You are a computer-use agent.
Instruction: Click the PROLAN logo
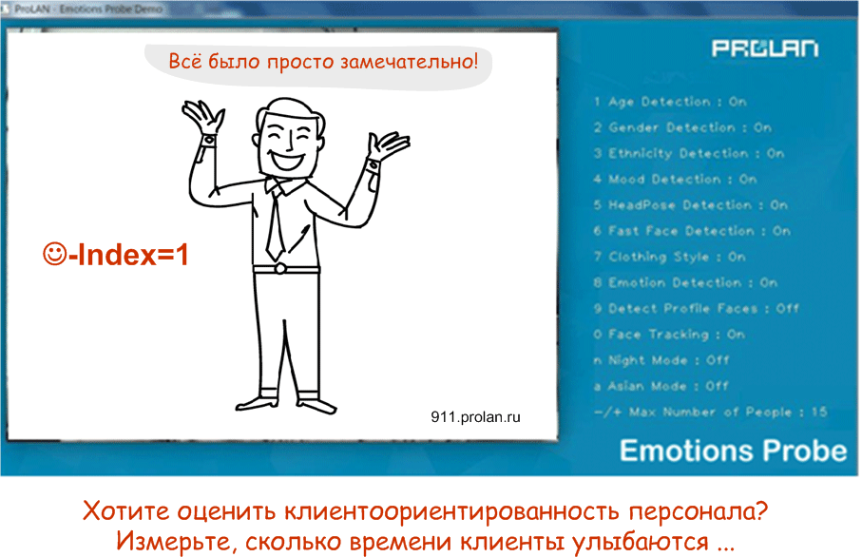coord(765,48)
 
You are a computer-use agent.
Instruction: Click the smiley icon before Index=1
coord(54,254)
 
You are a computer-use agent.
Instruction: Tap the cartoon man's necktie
coord(276,223)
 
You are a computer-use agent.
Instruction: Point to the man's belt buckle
coord(279,269)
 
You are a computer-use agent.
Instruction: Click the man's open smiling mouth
coord(288,160)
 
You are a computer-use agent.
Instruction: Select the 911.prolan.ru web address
coord(475,417)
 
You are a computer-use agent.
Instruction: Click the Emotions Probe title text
coord(734,451)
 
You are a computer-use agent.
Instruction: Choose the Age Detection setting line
coord(670,102)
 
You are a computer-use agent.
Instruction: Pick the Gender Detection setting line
coord(682,127)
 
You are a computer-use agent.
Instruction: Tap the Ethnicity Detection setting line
coord(689,153)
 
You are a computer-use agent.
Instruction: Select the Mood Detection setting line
coord(676,180)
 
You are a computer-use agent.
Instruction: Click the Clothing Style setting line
coord(670,257)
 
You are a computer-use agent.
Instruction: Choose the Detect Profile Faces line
coord(697,309)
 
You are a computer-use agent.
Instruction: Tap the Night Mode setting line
coord(661,360)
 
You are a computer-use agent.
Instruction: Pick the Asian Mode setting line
coord(661,386)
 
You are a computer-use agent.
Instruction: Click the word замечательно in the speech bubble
coord(409,61)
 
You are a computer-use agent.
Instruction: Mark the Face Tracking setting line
coord(670,335)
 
